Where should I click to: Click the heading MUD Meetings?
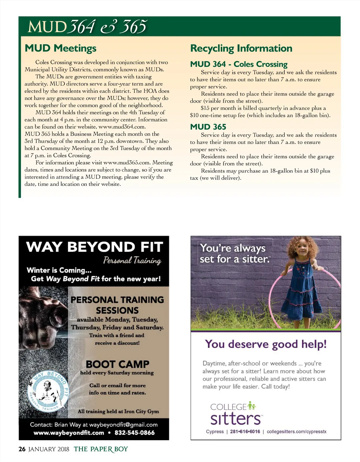[x=60, y=48]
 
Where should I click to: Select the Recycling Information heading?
[x=241, y=48]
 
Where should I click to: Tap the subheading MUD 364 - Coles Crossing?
[x=239, y=64]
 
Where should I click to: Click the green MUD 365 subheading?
[x=208, y=127]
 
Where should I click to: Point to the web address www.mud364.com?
[x=122, y=127]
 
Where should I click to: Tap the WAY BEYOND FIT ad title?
[x=94, y=247]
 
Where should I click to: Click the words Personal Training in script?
[x=132, y=260]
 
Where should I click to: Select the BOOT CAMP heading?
[x=117, y=364]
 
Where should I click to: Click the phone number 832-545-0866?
[x=134, y=433]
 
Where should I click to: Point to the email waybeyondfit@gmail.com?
[x=123, y=425]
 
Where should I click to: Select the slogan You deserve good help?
[x=265, y=344]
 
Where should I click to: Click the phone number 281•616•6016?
[x=245, y=432]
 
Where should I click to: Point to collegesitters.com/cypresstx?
[x=296, y=432]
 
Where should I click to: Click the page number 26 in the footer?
[x=22, y=449]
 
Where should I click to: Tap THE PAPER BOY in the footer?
[x=101, y=449]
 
